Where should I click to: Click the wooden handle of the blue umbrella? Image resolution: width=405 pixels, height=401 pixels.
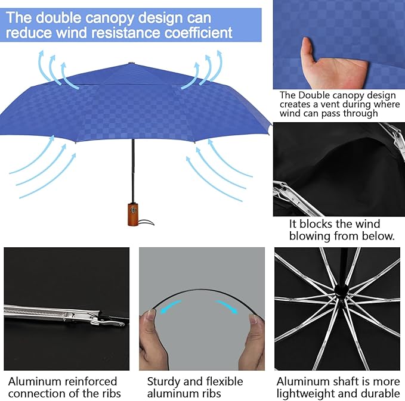[x=132, y=211]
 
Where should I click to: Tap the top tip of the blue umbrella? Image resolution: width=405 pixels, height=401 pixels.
[x=131, y=62]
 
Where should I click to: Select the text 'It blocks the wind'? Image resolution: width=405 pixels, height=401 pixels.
[x=334, y=224]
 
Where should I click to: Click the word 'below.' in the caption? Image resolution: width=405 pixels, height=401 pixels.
[x=379, y=236]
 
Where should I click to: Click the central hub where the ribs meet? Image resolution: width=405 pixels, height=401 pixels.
[x=341, y=290]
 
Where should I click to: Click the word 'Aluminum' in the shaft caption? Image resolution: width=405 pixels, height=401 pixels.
[x=304, y=381]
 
